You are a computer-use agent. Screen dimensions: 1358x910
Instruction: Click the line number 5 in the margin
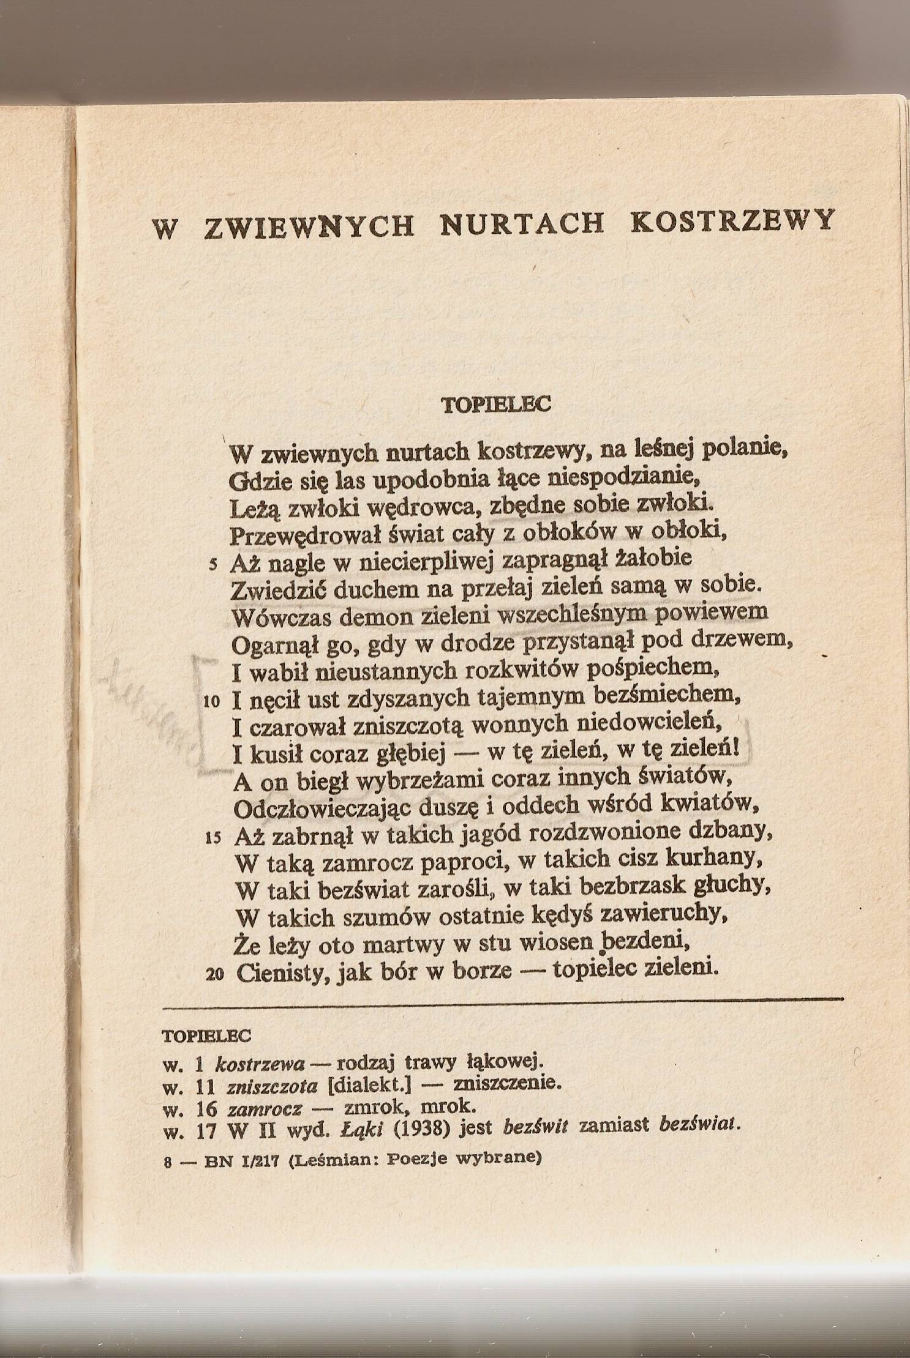pos(212,565)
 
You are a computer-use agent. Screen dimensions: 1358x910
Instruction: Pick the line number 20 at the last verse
pos(213,976)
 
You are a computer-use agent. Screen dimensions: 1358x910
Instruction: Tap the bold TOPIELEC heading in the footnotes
pos(207,1037)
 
